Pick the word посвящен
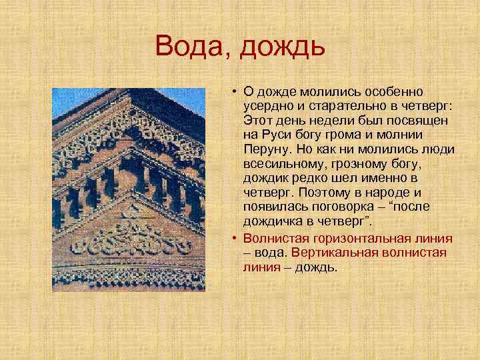coord(421,121)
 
